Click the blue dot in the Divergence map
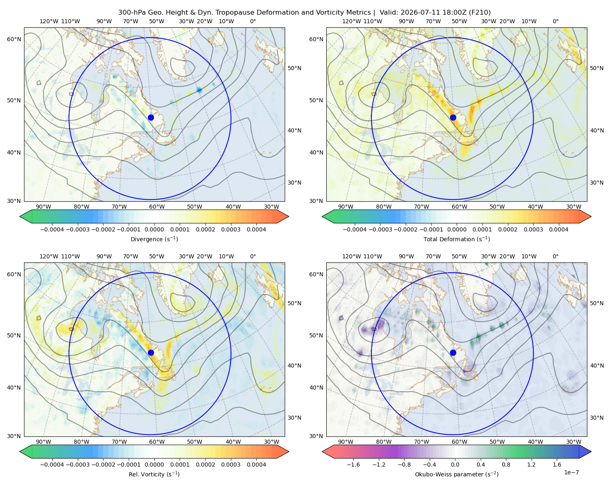151,117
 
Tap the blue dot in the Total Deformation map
453,117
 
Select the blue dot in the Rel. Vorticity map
151,352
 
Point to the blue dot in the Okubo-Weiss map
453,352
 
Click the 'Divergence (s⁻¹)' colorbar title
154,239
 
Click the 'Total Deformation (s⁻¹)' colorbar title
457,239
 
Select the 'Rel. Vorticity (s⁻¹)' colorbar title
154,474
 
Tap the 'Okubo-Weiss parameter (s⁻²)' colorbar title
457,474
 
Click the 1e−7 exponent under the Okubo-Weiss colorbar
571,472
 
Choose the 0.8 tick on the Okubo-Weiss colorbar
506,464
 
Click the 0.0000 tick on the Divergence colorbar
154,229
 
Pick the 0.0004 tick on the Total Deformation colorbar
558,229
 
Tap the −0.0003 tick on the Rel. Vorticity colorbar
77,464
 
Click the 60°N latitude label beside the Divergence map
14,39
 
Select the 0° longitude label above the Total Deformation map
555,21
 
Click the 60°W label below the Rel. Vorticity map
157,442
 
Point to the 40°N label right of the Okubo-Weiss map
597,366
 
